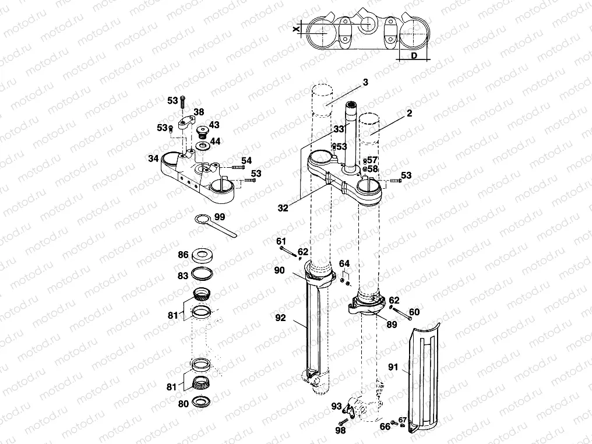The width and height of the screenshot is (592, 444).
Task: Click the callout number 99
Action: click(x=220, y=217)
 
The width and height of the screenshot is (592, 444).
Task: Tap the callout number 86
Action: click(x=182, y=255)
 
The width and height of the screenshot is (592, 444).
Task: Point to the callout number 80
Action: click(x=182, y=403)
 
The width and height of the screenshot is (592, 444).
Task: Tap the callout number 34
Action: click(x=153, y=158)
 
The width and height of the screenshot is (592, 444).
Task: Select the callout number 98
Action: click(x=340, y=431)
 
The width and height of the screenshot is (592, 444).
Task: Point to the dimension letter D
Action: click(x=413, y=56)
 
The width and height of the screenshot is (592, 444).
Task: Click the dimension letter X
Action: click(x=296, y=28)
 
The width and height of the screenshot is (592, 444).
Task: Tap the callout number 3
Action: click(x=365, y=83)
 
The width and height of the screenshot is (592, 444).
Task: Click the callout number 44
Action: click(x=215, y=141)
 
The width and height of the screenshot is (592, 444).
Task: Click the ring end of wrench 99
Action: click(x=202, y=219)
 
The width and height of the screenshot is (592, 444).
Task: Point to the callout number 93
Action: click(x=336, y=406)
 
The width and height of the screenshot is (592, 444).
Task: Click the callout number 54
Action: click(x=246, y=160)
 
